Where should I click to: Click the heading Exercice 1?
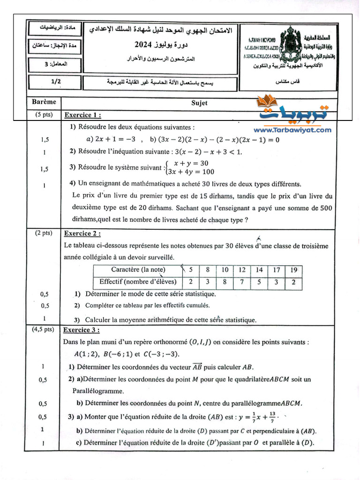point(82,115)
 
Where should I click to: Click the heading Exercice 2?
point(82,233)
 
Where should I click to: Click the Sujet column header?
point(199,103)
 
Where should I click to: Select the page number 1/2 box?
point(56,81)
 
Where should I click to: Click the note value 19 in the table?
point(293,270)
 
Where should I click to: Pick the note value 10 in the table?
point(225,270)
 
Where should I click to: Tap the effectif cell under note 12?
point(242,282)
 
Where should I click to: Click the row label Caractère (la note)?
point(138,270)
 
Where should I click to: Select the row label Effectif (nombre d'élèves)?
point(138,282)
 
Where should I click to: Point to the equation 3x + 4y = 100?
point(187,172)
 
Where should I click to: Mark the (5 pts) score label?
point(44,114)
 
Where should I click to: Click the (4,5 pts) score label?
point(43,330)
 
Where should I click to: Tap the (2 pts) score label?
point(44,232)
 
